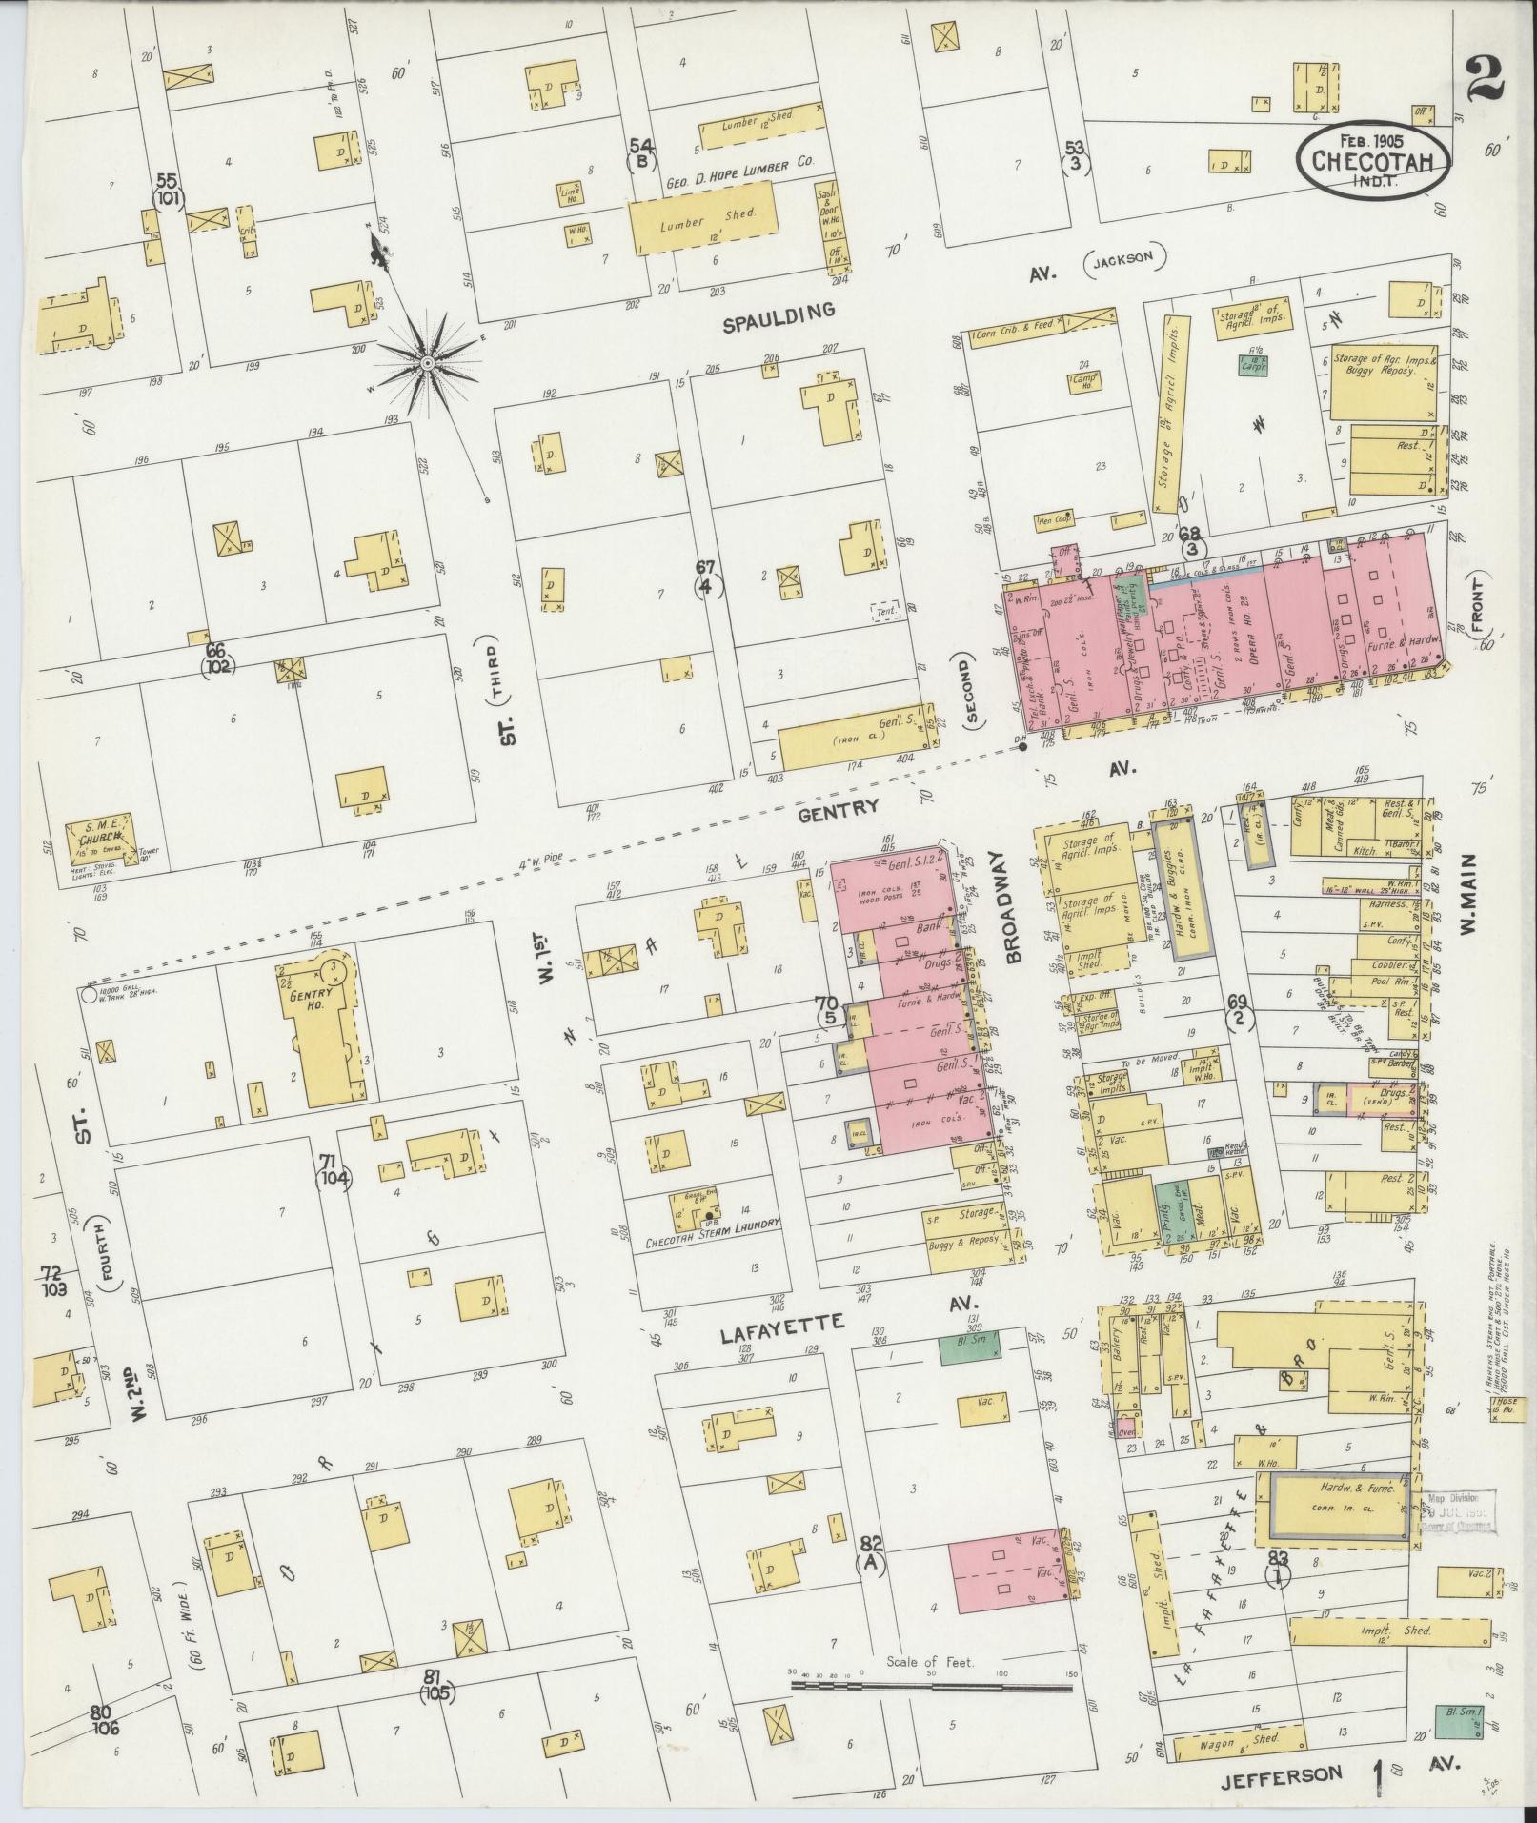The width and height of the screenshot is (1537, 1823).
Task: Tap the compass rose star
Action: point(428,363)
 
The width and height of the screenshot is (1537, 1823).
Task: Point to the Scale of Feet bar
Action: point(932,1686)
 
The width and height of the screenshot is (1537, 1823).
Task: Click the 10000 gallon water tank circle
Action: point(88,994)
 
